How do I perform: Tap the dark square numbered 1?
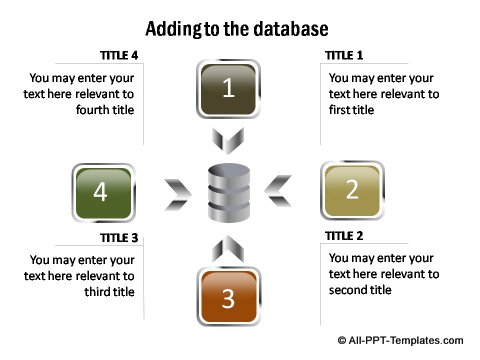point(229,89)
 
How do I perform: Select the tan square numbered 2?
point(351,190)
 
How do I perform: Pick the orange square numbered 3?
point(228,297)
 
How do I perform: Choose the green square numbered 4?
point(101,192)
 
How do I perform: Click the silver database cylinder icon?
point(229,195)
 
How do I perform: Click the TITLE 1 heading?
point(345,55)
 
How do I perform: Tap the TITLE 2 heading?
point(345,237)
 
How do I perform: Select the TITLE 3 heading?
point(120,239)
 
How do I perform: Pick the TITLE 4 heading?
point(119,55)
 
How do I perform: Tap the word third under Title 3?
point(97,292)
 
